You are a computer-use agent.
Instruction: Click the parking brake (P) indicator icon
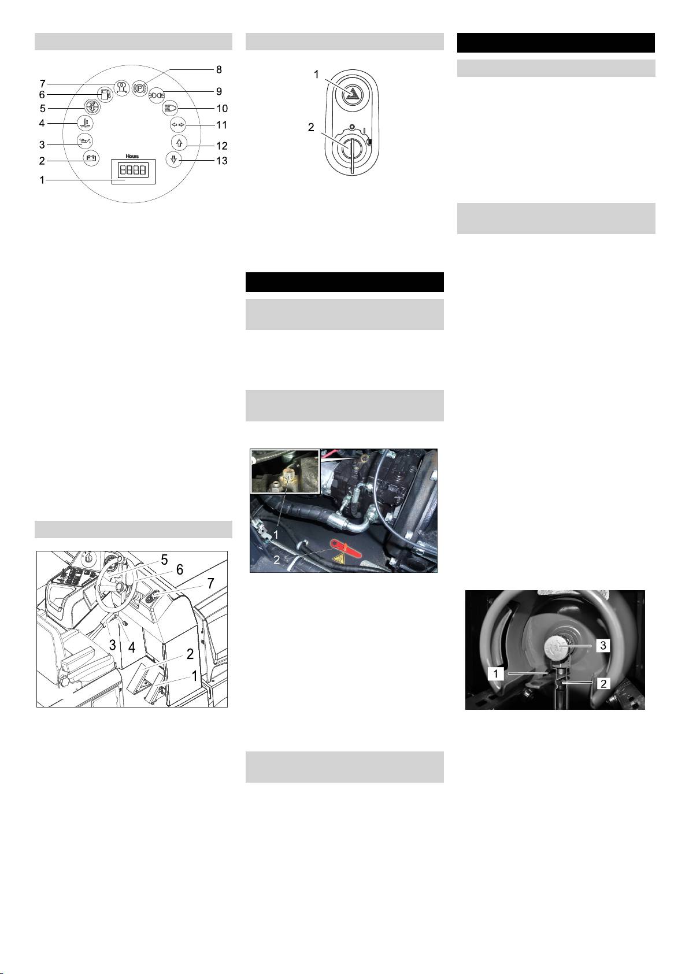139,87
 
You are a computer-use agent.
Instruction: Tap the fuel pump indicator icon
104,94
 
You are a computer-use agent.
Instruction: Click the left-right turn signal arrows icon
177,125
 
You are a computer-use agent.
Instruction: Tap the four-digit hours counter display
133,170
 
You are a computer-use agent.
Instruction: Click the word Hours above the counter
132,155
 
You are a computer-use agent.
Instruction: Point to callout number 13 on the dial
222,161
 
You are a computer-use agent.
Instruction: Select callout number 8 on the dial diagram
219,69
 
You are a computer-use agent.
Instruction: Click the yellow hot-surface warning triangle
339,560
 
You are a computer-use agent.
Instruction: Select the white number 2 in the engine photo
276,560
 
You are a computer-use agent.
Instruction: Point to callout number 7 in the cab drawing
210,583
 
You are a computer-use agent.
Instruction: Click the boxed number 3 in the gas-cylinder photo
603,645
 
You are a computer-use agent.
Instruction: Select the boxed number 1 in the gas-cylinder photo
495,673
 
